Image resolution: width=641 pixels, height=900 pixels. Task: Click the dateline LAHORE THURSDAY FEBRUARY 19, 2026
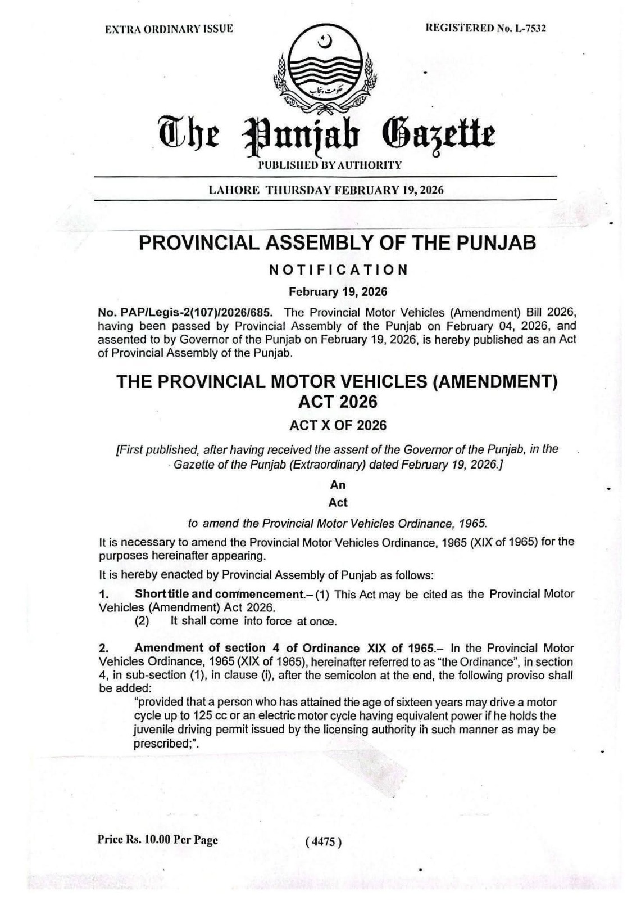326,190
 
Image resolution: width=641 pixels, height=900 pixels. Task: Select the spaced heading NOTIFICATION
338,269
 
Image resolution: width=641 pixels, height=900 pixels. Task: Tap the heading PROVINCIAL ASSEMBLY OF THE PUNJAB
337,243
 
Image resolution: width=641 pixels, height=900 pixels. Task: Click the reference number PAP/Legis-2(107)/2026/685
185,312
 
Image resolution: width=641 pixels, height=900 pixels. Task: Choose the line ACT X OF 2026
338,425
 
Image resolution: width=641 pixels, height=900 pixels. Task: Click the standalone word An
338,485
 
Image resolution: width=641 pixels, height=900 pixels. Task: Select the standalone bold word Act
338,502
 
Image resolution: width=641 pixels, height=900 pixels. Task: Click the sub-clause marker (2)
142,622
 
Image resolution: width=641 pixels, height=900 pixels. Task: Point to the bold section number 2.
103,648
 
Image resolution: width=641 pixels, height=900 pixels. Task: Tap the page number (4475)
323,841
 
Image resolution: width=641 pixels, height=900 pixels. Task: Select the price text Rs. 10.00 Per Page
158,840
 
